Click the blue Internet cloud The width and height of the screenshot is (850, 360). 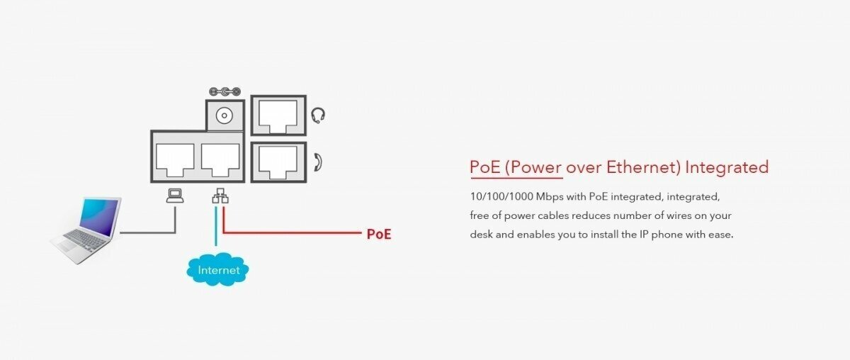pos(218,269)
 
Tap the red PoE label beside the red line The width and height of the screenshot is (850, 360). pos(378,234)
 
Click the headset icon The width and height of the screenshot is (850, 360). pos(319,115)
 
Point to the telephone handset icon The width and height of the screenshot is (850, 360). pos(318,162)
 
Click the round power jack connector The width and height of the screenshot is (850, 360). pos(225,114)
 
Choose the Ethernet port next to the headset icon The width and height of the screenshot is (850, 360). pos(278,115)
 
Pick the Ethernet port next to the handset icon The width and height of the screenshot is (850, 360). pos(278,161)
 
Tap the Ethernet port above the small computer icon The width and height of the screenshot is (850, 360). pos(174,159)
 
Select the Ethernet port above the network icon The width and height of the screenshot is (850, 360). pos(220,159)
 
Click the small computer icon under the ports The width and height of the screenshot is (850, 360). pos(174,196)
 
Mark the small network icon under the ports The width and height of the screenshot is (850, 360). pos(220,196)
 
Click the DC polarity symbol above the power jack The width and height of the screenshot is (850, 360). pos(225,92)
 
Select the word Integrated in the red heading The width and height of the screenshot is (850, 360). pos(727,167)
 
